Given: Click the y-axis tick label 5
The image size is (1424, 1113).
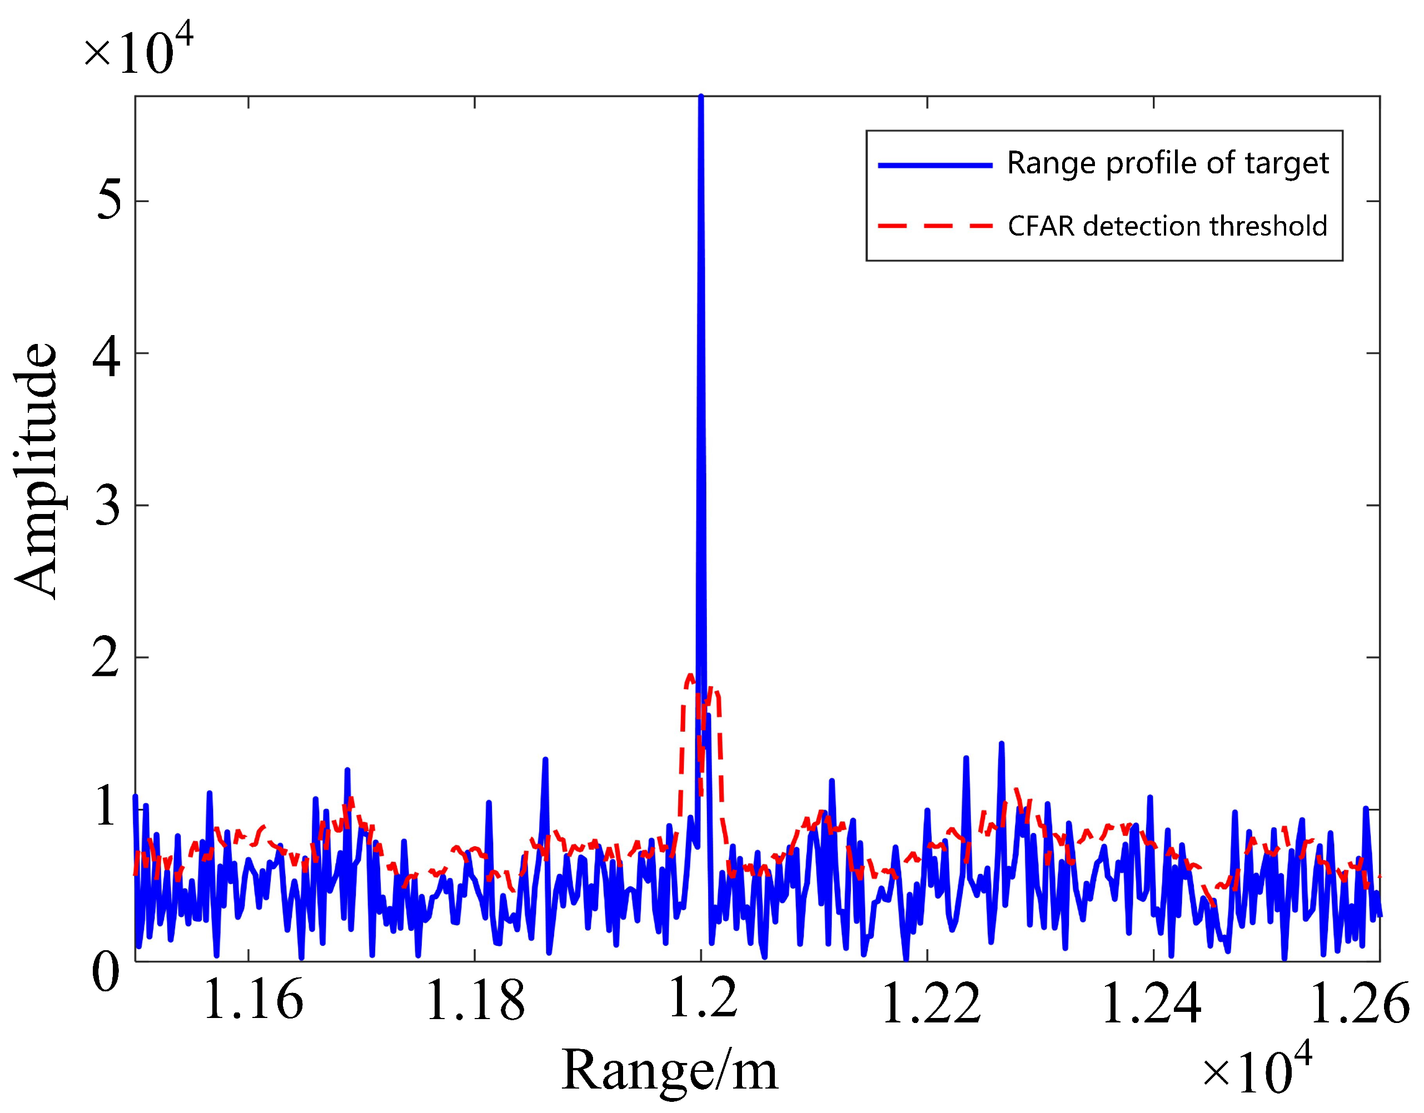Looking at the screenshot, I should pyautogui.click(x=108, y=200).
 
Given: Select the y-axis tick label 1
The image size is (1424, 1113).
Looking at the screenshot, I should pyautogui.click(x=106, y=809).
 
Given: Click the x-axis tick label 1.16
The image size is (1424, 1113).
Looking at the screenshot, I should pyautogui.click(x=253, y=1000).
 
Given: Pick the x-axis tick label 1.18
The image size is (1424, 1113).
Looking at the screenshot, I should pyautogui.click(x=475, y=1000).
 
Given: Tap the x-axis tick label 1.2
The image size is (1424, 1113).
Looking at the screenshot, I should pyautogui.click(x=703, y=998).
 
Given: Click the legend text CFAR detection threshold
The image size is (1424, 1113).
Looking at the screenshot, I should pyautogui.click(x=1167, y=226).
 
